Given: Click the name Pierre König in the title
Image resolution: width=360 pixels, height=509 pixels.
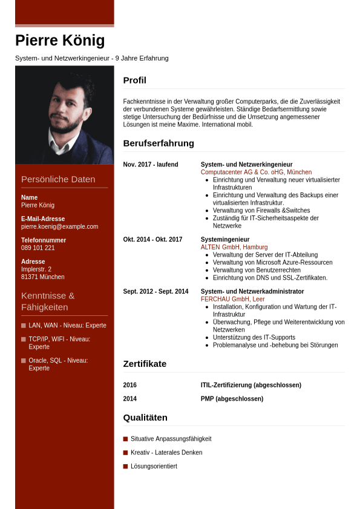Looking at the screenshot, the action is [x=60, y=41].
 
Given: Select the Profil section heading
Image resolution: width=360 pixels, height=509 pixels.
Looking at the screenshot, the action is [x=134, y=80].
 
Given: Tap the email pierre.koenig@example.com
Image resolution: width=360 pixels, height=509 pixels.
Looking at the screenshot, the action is [x=59, y=226].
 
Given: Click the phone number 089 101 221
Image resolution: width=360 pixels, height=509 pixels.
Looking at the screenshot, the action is [x=38, y=248].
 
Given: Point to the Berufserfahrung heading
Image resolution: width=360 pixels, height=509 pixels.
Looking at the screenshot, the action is [x=159, y=143].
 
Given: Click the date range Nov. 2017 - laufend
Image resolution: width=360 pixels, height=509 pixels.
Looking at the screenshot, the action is [x=151, y=165].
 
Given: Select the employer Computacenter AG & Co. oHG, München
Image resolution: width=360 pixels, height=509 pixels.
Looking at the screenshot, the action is [x=256, y=172].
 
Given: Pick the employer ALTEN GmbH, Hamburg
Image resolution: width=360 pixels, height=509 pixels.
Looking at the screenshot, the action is [x=234, y=247].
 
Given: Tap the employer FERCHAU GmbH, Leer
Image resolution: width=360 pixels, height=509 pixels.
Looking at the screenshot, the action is [x=232, y=299].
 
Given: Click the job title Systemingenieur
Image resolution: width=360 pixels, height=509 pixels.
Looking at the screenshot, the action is [x=225, y=240].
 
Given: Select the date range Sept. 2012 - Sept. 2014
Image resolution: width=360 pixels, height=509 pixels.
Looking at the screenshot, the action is [x=155, y=291].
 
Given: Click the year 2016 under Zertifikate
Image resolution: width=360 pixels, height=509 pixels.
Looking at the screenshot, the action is [x=129, y=385].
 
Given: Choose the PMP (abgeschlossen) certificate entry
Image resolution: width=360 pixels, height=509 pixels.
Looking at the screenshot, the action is [x=232, y=399].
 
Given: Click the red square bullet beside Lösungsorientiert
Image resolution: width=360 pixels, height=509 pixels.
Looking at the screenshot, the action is [x=125, y=466].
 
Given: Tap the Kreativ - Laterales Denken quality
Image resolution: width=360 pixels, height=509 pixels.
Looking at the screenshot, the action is [x=166, y=452].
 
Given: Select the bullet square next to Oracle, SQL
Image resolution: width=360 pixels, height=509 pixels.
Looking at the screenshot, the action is [x=24, y=360].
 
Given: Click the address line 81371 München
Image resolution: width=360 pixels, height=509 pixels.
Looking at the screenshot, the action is [x=42, y=277].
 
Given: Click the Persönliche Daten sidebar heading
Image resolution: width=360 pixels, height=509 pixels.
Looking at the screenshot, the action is [x=58, y=179].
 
